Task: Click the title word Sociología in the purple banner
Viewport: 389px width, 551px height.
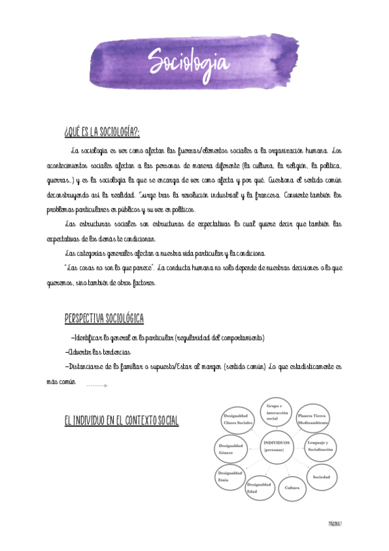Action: click(x=188, y=62)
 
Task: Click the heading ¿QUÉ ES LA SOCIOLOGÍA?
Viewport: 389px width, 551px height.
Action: click(x=103, y=133)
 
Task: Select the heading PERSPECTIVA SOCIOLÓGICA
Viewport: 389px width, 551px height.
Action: click(x=104, y=318)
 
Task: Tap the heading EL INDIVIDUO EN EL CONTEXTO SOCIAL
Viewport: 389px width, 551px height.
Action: click(x=121, y=421)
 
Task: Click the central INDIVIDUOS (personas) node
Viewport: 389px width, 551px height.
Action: click(x=277, y=447)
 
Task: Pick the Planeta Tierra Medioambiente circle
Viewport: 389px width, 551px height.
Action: click(x=314, y=418)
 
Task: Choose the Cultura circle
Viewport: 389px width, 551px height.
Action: click(x=290, y=489)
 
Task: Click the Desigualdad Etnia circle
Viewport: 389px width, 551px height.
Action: click(x=231, y=476)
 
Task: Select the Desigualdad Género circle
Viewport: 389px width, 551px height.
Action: click(x=230, y=449)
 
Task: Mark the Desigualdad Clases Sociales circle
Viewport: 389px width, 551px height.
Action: click(x=237, y=419)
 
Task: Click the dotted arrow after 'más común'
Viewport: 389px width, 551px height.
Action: click(x=96, y=386)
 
